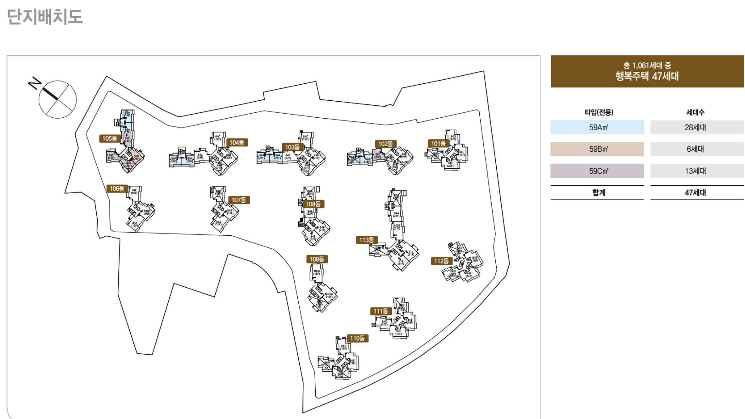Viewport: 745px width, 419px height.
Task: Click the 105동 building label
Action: tap(110, 138)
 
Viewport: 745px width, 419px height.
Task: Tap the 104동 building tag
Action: tap(237, 143)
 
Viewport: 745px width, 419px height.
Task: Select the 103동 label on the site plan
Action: tap(292, 147)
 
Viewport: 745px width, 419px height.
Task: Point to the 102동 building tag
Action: tap(385, 144)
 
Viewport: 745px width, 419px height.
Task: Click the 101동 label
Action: tap(438, 144)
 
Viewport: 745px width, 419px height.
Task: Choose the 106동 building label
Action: tap(117, 188)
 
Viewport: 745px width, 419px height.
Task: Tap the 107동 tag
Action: tap(238, 200)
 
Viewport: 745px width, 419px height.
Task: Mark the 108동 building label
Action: tap(313, 204)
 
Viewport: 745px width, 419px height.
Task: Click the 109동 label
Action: tap(317, 259)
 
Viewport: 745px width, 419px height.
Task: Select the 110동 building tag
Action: tap(357, 338)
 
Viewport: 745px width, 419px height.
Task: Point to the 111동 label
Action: tap(381, 311)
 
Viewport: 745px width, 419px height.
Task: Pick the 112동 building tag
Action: tap(441, 261)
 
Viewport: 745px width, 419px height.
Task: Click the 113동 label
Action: tap(366, 240)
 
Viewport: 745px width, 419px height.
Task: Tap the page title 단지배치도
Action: tap(45, 17)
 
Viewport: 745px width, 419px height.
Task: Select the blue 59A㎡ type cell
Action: tap(597, 127)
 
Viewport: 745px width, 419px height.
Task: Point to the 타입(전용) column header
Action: tap(599, 112)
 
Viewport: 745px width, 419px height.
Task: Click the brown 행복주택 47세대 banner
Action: tap(647, 71)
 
